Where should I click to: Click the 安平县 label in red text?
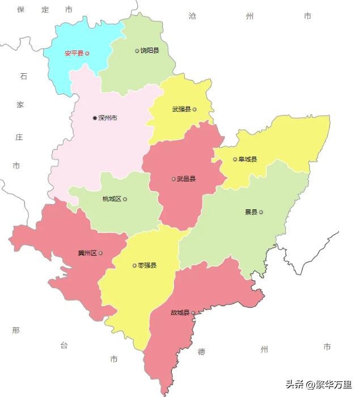click(x=74, y=53)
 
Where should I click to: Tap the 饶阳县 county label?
click(x=150, y=51)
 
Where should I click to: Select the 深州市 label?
click(x=108, y=118)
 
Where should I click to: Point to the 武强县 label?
click(x=181, y=109)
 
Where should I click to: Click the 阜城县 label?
click(x=248, y=159)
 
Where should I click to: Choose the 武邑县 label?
click(x=186, y=179)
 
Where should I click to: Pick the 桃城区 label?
click(x=112, y=199)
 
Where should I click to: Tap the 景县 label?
click(x=251, y=212)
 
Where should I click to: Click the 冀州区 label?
click(x=87, y=253)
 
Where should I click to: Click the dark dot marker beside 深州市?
click(x=95, y=118)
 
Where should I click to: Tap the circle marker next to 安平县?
click(x=87, y=53)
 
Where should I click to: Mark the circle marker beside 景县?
click(x=261, y=212)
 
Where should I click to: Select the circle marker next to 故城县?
click(x=193, y=312)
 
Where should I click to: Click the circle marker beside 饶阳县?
click(x=137, y=51)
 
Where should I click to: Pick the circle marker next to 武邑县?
click(x=173, y=179)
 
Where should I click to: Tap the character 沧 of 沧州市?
click(x=192, y=16)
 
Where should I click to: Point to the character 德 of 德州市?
click(x=202, y=352)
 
